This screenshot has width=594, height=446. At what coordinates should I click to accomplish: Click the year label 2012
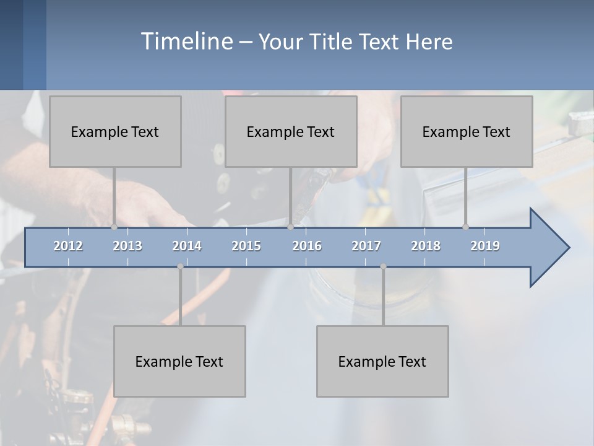[x=68, y=246]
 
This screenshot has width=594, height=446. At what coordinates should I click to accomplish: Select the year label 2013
[x=127, y=246]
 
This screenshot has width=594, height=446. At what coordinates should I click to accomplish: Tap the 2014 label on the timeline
[x=187, y=246]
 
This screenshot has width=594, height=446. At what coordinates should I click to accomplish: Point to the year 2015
[x=246, y=246]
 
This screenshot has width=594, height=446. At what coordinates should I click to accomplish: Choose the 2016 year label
[x=307, y=246]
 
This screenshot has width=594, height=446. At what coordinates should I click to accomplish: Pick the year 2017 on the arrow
[x=366, y=246]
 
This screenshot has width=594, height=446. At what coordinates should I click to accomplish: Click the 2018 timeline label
[x=426, y=246]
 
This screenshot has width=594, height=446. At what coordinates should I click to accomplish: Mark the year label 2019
[x=485, y=246]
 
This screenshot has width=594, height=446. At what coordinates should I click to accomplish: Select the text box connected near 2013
[x=115, y=131]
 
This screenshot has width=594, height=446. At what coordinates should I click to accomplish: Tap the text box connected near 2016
[x=291, y=131]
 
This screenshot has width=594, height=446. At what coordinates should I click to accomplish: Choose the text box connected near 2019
[x=467, y=131]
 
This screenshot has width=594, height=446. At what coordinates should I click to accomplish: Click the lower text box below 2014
[x=179, y=361]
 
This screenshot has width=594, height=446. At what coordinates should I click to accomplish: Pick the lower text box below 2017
[x=382, y=361]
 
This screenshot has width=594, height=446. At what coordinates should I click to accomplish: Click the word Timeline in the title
[x=186, y=41]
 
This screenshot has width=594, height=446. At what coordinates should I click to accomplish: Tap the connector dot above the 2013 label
[x=114, y=227]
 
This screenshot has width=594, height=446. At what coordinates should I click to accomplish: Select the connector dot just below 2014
[x=180, y=266]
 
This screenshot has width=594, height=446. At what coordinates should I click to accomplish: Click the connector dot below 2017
[x=383, y=266]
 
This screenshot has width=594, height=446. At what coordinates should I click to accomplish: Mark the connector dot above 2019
[x=465, y=227]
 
